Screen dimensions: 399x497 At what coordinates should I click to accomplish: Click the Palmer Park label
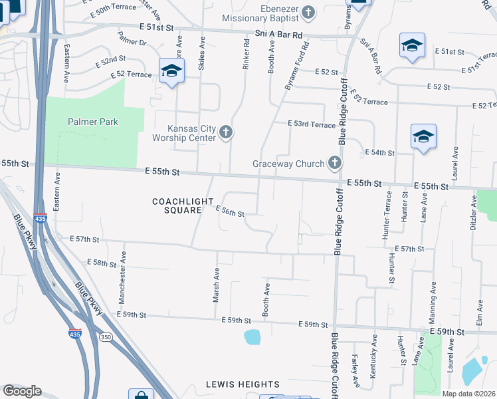pos(92,122)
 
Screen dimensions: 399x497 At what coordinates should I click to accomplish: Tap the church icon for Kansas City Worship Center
pos(225,132)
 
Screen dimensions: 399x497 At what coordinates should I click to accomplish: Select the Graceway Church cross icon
pos(334,163)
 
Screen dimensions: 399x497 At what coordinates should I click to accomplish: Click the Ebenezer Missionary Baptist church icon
pos(308,11)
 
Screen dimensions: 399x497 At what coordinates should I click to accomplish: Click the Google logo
pos(22,390)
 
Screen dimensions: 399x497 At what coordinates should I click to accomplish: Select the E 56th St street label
pos(231,211)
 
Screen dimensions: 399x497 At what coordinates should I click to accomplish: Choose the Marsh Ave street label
pos(217,285)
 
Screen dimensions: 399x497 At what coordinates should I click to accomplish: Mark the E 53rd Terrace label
pos(312,124)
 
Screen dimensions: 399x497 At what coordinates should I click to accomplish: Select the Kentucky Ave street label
pos(374,362)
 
